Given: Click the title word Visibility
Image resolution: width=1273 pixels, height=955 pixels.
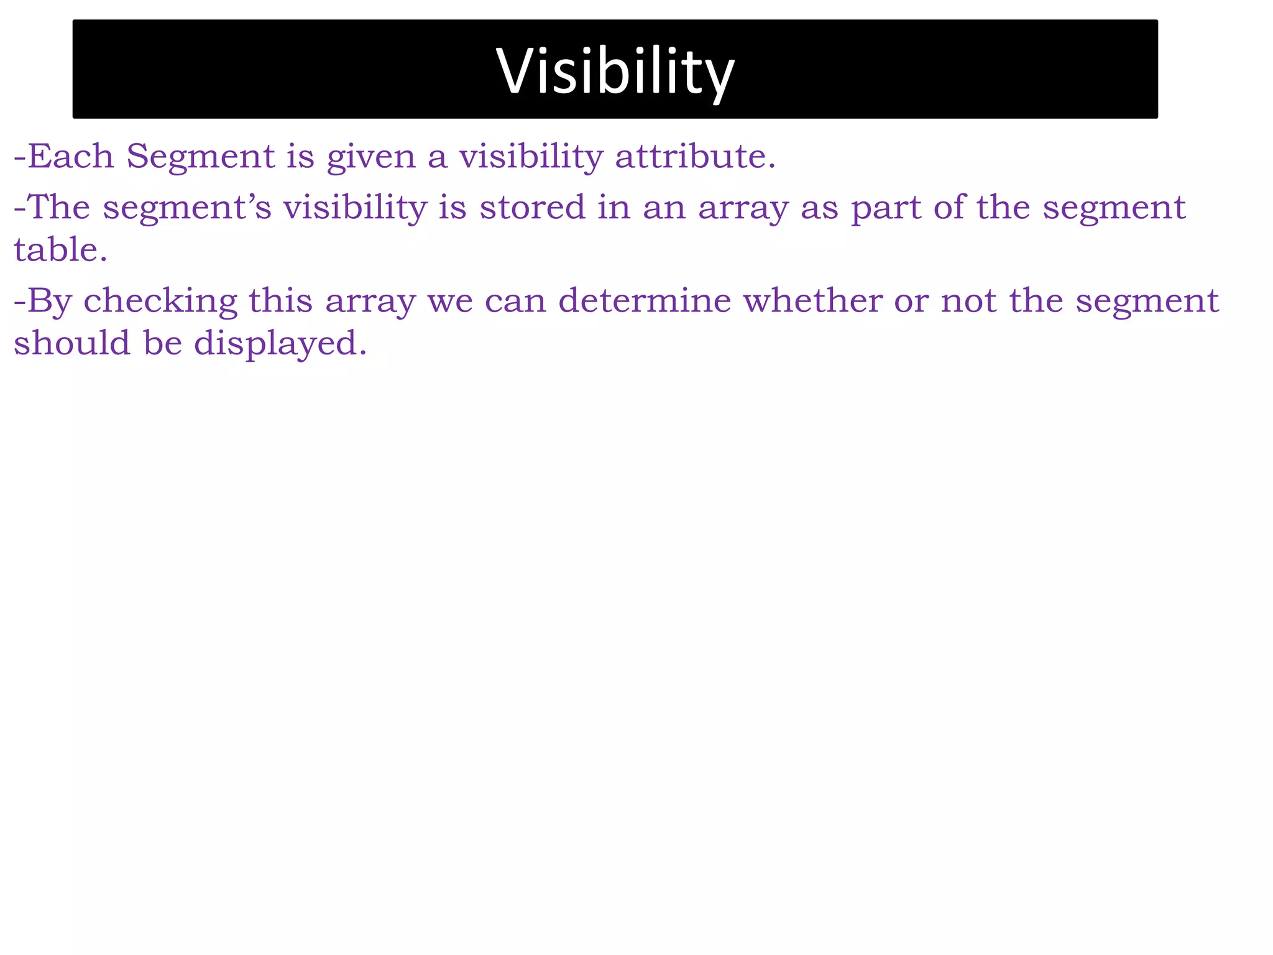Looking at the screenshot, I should (x=615, y=72).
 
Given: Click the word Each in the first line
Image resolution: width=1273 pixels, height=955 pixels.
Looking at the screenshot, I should (x=70, y=156).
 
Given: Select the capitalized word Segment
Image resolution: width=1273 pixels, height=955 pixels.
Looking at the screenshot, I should (x=200, y=157).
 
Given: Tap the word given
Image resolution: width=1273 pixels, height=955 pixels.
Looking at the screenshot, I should (x=370, y=157).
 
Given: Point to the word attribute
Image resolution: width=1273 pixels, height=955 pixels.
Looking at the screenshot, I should (x=695, y=156).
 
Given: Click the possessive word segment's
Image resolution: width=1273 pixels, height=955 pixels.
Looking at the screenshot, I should (x=187, y=208).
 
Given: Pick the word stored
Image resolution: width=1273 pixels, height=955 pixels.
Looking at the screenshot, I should (x=532, y=207).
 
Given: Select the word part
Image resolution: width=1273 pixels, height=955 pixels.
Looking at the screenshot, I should (x=886, y=208).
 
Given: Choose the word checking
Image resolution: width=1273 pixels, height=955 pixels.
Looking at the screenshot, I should (x=160, y=302).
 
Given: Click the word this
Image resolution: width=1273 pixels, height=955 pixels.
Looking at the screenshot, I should (x=280, y=300).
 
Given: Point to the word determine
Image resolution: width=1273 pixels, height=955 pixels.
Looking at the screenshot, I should (x=645, y=300).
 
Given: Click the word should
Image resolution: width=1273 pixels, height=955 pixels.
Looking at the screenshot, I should (x=72, y=343).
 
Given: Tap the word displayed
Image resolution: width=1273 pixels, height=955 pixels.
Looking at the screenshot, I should (x=280, y=344).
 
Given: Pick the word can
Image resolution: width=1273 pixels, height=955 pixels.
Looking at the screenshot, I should (x=515, y=302).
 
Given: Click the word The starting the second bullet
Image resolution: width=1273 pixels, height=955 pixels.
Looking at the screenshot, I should (x=59, y=207).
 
